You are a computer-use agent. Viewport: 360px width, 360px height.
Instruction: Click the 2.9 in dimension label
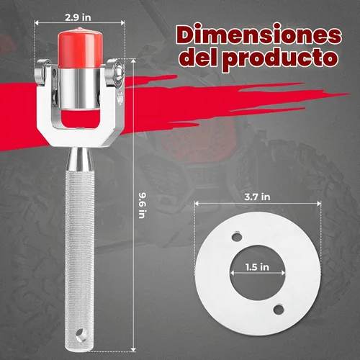pos(78,17)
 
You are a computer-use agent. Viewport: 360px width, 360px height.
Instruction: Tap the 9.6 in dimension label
pos(142,205)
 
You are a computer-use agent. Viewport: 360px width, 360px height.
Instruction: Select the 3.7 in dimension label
pos(257,197)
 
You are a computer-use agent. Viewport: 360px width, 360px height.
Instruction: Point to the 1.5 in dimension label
pos(257,267)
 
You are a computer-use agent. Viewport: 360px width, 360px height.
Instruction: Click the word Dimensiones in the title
pos(258,35)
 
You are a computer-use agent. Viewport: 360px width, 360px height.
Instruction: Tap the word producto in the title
pos(282,59)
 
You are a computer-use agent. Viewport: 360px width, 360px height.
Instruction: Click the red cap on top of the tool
pos(80,48)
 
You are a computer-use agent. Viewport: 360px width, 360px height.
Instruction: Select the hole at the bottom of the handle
pos(80,334)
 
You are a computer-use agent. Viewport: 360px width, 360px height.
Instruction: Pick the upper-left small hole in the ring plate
pos(237,237)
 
